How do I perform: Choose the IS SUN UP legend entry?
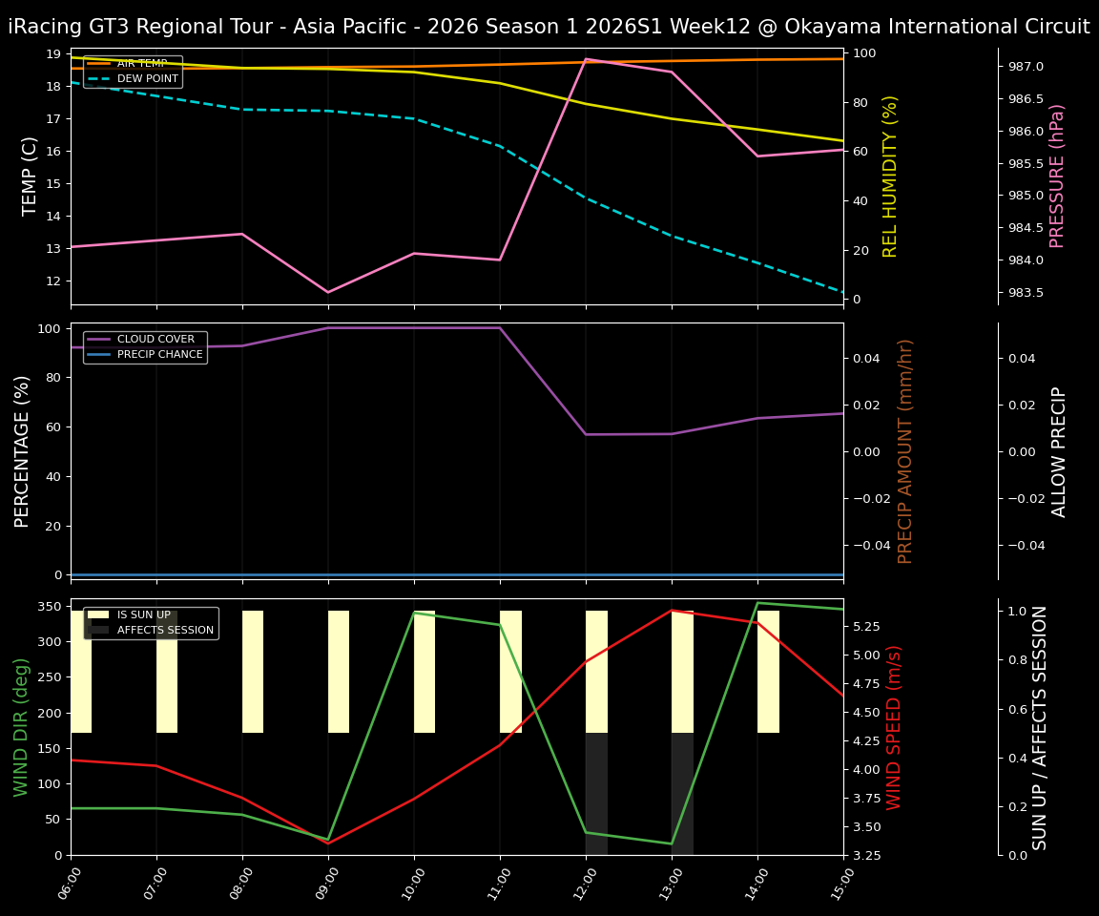143,614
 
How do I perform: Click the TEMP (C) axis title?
31,176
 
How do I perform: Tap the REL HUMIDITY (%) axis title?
890,176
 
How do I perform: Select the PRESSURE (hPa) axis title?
1057,176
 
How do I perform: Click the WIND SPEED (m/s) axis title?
894,727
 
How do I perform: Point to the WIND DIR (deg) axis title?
21,727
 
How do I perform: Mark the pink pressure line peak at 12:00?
586,59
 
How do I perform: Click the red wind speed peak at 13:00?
672,611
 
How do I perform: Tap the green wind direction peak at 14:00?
757,603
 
